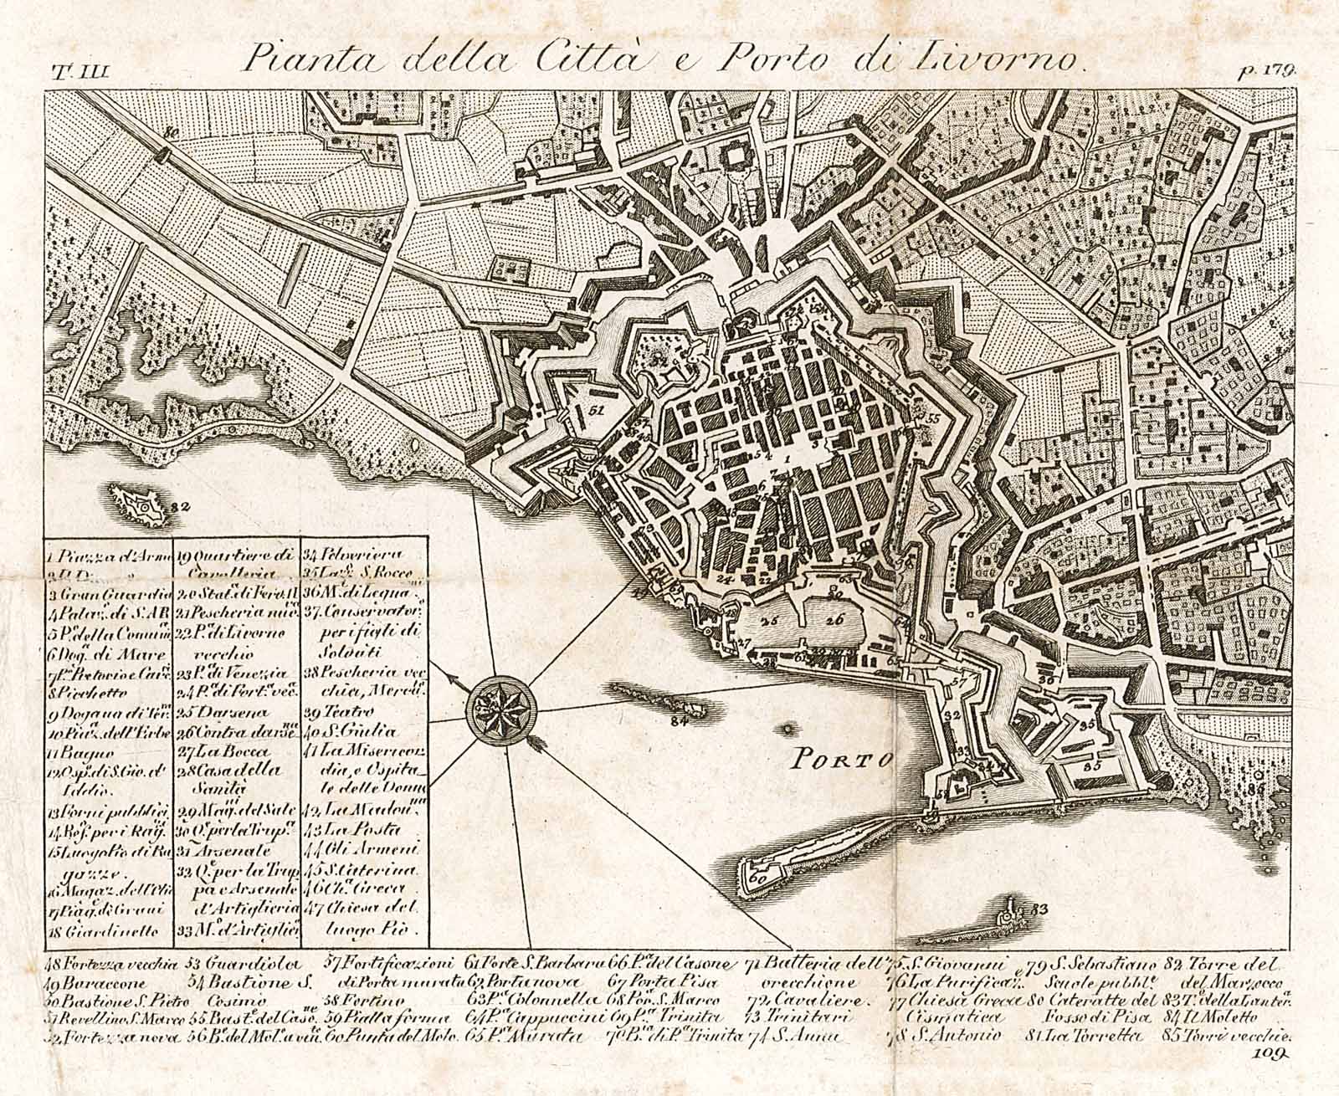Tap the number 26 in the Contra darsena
832,620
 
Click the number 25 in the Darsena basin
769,621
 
